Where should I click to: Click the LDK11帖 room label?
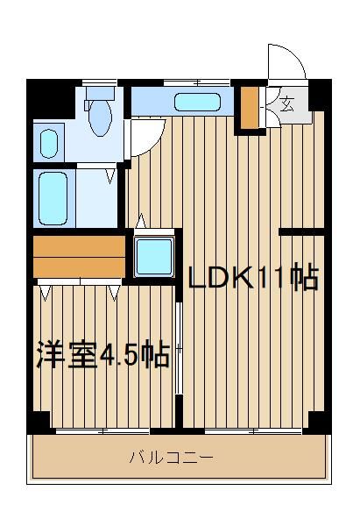(253, 277)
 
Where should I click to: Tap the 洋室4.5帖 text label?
(102, 355)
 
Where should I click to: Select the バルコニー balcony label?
(171, 458)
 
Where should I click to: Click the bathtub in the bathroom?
(53, 198)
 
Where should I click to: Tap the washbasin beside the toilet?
(49, 144)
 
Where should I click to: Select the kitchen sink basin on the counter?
(197, 102)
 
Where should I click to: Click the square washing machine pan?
(154, 257)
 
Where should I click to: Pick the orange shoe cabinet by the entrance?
(250, 107)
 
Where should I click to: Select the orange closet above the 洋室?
(79, 257)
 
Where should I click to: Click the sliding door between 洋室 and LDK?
(179, 349)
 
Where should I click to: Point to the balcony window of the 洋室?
(102, 430)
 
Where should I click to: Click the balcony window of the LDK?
(253, 430)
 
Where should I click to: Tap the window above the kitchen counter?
(197, 82)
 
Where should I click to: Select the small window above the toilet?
(100, 82)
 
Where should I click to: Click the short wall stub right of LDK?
(301, 231)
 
